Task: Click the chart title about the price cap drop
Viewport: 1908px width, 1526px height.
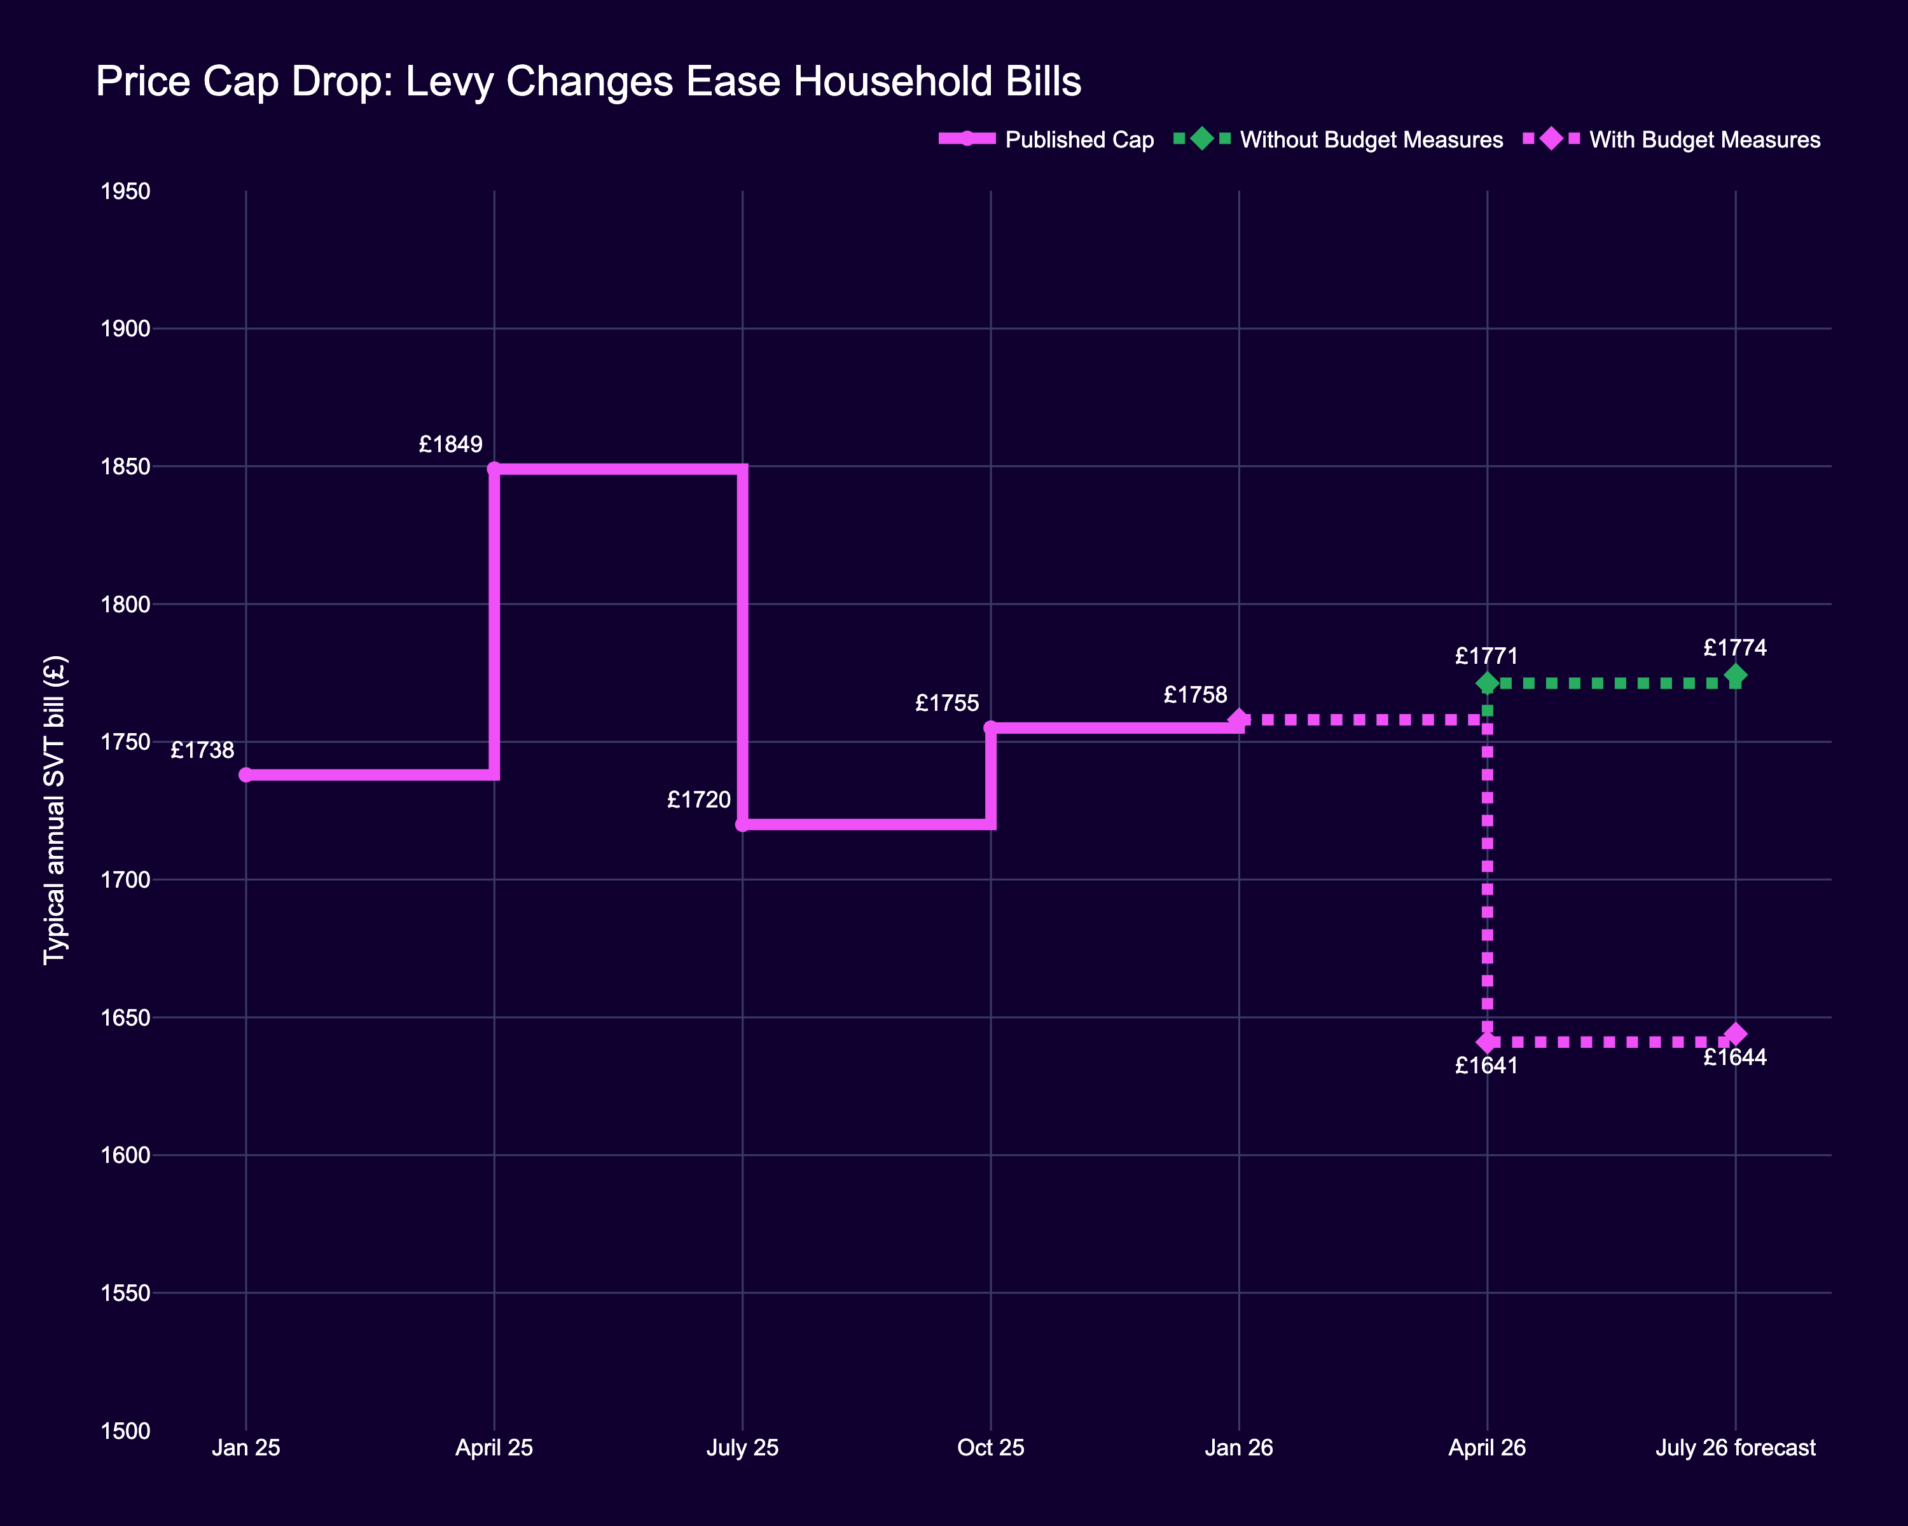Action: pos(588,81)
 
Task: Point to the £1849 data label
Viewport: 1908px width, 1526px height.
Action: pos(450,444)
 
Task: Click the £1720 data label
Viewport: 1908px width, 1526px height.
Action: pos(698,800)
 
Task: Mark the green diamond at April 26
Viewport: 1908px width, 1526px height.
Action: pos(1487,683)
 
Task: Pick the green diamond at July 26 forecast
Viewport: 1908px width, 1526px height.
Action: pos(1736,676)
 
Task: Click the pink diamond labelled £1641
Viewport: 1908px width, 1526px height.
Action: pos(1487,1042)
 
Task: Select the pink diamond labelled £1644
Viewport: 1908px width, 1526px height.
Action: pos(1736,1034)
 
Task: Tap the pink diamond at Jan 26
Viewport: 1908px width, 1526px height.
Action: pos(1239,719)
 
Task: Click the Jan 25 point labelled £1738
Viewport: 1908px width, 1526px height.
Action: pos(246,775)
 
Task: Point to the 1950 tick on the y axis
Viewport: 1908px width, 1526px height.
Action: pos(125,191)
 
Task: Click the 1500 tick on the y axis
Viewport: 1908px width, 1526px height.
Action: pos(125,1431)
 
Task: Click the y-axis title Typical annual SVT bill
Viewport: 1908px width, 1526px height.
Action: pos(55,809)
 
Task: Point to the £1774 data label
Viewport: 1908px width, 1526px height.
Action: pos(1734,647)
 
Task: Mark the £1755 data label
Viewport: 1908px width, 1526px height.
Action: pos(947,703)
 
